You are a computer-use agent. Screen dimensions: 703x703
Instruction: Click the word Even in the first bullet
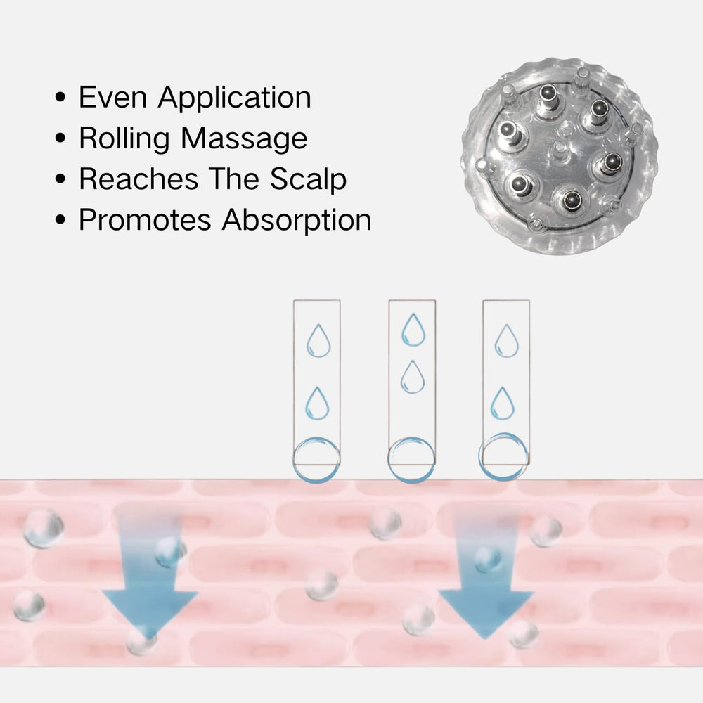tap(113, 97)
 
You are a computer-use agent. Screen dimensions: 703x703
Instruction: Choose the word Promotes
tap(145, 219)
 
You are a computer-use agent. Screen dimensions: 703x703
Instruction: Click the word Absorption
tap(297, 221)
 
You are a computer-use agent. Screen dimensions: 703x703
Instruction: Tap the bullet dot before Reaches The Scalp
tap(60, 179)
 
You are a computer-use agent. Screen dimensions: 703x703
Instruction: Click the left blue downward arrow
tap(150, 579)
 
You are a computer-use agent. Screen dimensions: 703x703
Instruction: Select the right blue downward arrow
tap(486, 579)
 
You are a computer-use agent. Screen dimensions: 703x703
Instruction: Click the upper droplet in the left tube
tap(318, 341)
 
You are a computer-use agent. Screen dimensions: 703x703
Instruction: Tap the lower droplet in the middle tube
tap(413, 377)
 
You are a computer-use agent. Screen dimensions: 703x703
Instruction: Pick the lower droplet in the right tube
tap(503, 404)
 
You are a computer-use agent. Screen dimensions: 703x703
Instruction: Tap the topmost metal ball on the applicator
tap(548, 93)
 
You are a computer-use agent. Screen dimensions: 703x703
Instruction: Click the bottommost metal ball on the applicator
tap(572, 200)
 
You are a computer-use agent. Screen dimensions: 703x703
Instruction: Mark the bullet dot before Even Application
tap(60, 97)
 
